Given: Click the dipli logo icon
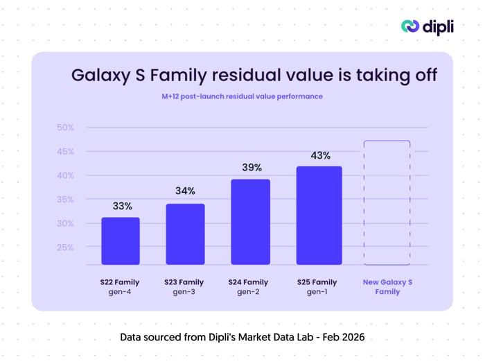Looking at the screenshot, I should click(411, 26).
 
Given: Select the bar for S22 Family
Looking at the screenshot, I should click(120, 241).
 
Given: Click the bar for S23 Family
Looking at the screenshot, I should click(185, 234).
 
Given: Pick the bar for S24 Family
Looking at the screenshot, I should click(250, 222).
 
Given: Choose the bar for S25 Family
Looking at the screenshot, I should click(319, 216).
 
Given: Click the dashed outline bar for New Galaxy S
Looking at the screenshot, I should click(387, 203).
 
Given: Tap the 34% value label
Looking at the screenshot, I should click(185, 191).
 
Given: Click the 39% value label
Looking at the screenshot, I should click(252, 167).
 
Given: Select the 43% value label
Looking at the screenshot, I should click(319, 155).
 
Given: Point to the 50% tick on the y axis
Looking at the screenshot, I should click(65, 128).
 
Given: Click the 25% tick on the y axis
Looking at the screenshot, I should click(65, 247).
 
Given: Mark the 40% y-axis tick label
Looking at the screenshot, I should click(65, 175).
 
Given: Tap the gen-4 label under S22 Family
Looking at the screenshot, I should click(120, 293).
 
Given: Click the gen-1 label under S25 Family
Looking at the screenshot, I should click(319, 293).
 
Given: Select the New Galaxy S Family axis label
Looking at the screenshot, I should click(387, 287).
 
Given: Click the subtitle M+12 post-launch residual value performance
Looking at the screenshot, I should click(242, 96).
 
